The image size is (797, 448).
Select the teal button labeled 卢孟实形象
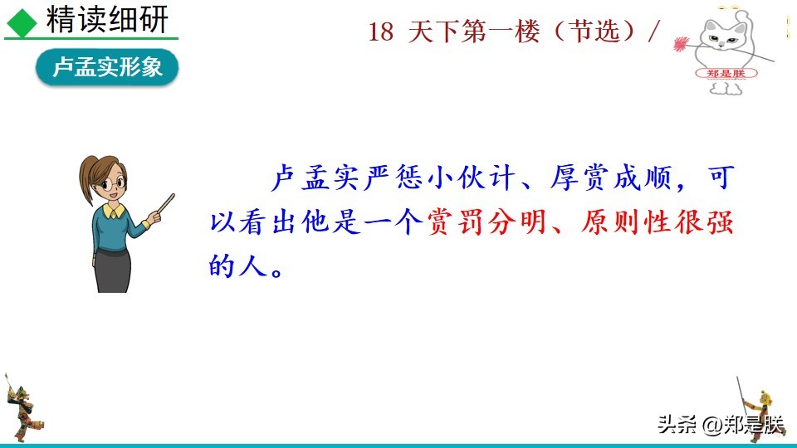106,68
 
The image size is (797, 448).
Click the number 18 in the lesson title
379,32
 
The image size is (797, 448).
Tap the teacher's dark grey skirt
111,269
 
